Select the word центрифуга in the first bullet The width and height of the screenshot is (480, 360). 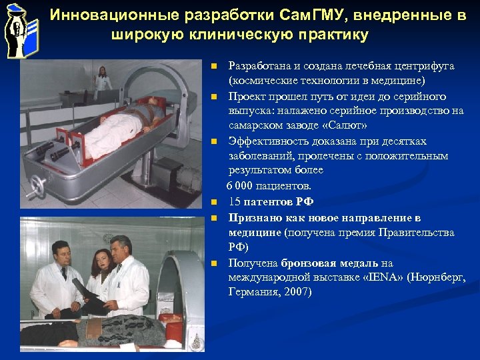(x=421, y=66)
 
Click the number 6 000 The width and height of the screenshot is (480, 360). (x=243, y=186)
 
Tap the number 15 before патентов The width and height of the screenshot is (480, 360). (x=235, y=201)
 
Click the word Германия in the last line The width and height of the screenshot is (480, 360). (x=251, y=292)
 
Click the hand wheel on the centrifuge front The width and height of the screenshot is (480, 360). (x=39, y=184)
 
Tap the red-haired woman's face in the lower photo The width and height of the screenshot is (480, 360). (x=101, y=259)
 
